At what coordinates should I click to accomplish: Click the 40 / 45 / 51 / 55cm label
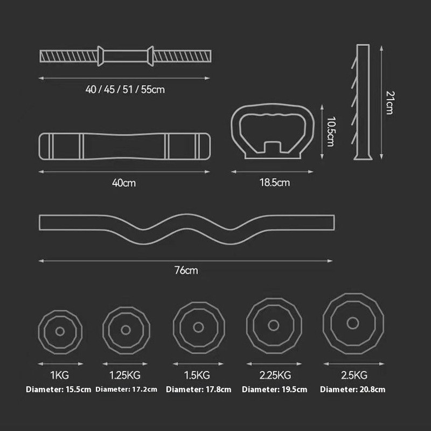tap(125, 89)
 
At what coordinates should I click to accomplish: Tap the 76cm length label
tap(186, 270)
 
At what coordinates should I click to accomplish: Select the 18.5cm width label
tap(275, 183)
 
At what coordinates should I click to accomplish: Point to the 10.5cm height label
tap(331, 131)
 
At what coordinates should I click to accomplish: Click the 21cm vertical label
tap(390, 102)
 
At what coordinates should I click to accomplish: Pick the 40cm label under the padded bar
tap(124, 183)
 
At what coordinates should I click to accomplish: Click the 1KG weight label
tap(60, 375)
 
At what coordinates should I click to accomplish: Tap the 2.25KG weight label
tap(275, 375)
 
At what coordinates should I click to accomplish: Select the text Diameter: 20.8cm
tap(353, 390)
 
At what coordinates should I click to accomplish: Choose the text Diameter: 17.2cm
tap(127, 390)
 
